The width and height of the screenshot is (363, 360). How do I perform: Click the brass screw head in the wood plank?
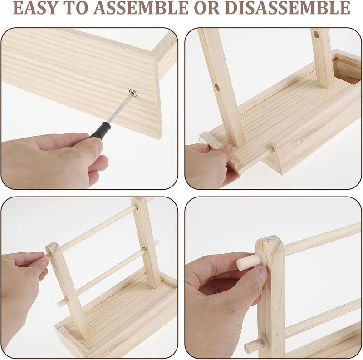click(x=133, y=93)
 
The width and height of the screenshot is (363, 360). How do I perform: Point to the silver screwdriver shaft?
click(x=119, y=108)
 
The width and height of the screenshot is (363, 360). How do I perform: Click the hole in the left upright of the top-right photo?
click(x=217, y=86)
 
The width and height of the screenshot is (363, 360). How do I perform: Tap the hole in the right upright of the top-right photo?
click(x=316, y=34)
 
